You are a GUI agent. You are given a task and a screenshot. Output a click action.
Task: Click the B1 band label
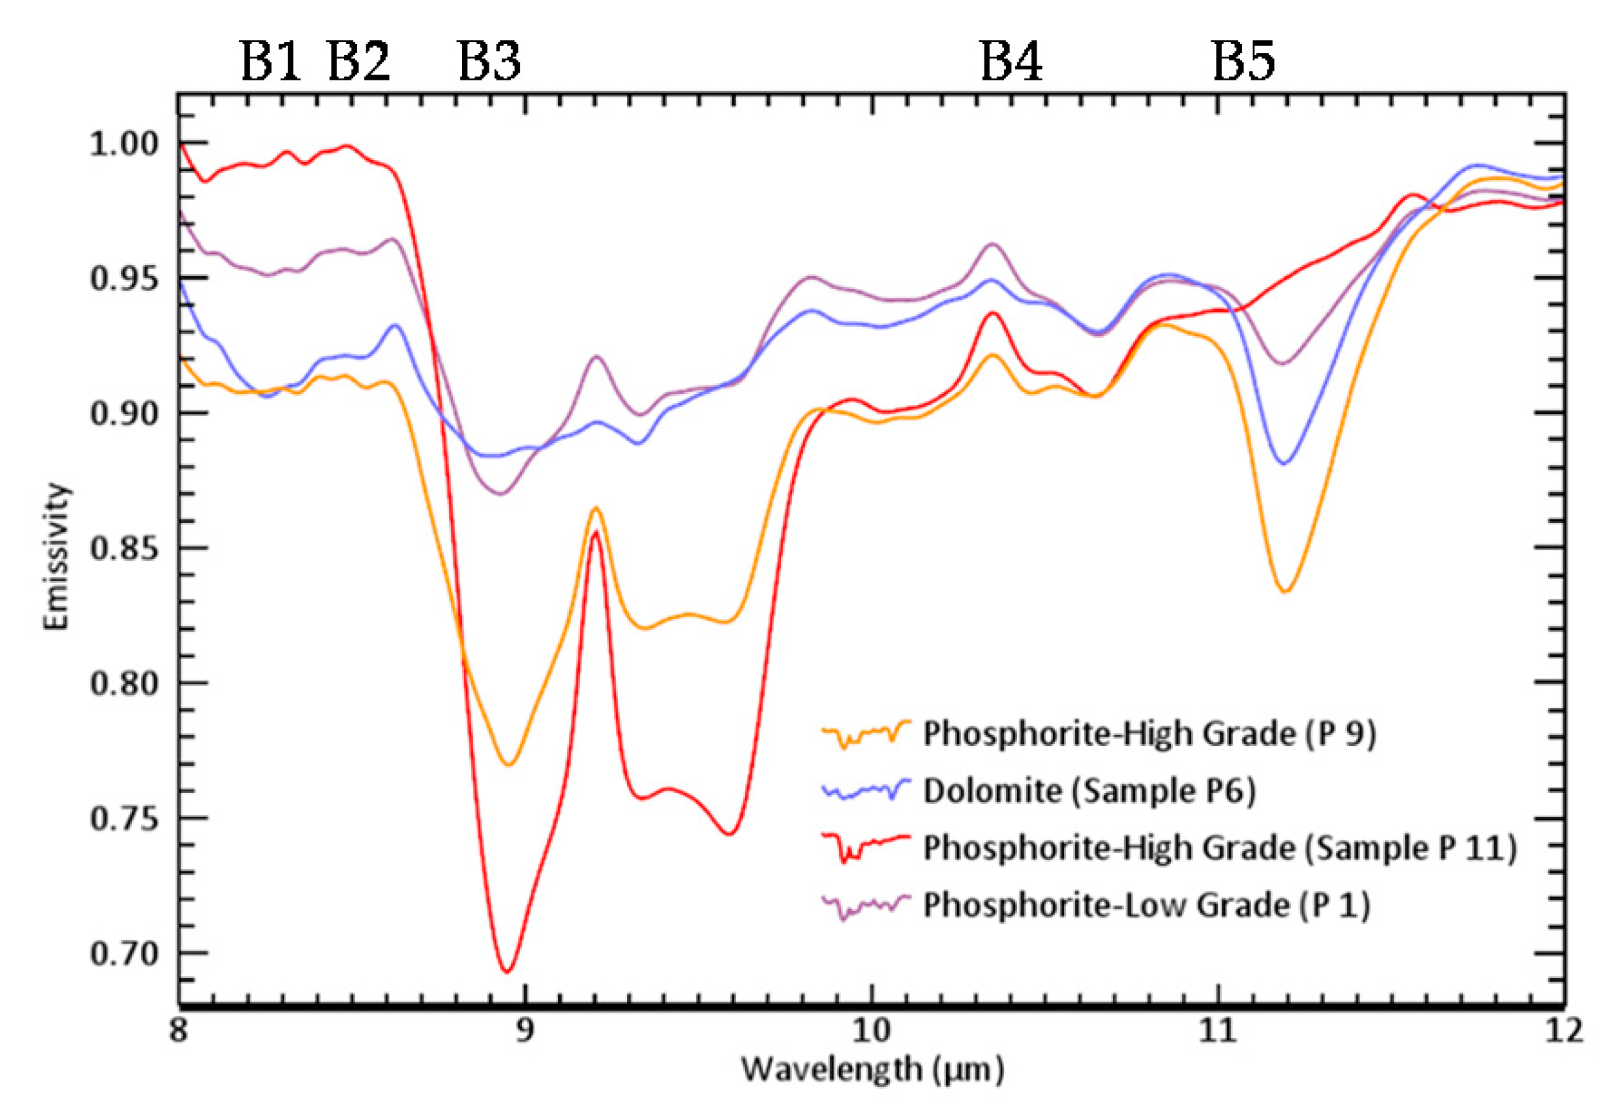tap(270, 61)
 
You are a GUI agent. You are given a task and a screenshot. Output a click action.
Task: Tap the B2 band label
tap(359, 61)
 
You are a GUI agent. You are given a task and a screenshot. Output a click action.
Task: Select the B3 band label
tap(489, 61)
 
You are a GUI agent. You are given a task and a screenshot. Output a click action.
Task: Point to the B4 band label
tap(1011, 61)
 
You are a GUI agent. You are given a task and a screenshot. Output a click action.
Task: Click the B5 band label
tap(1244, 61)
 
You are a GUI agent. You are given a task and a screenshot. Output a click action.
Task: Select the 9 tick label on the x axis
tap(525, 1030)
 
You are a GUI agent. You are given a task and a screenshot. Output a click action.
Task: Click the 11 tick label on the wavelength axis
tap(1218, 1030)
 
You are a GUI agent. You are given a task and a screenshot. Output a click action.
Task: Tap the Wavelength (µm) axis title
tap(872, 1069)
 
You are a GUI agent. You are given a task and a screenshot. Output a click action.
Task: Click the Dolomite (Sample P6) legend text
tap(1088, 791)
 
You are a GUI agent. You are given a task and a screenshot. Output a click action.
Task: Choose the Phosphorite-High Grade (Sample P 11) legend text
tap(1218, 849)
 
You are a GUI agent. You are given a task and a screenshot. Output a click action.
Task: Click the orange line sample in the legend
tap(865, 733)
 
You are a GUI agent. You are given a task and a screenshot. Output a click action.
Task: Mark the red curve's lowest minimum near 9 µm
tap(508, 971)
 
